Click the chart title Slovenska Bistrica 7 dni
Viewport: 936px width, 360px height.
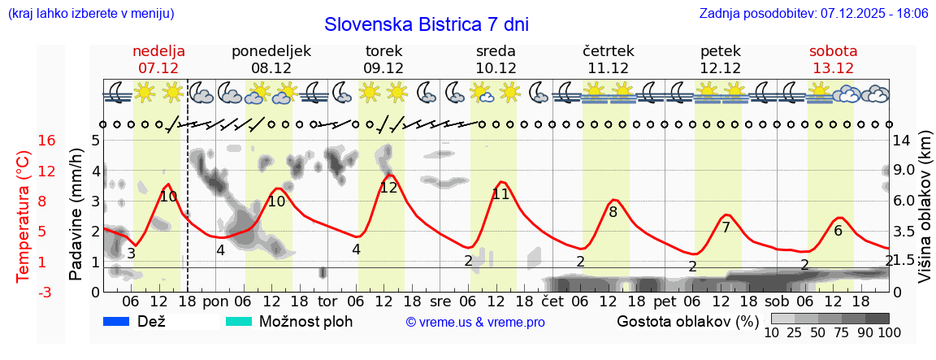coord(426,24)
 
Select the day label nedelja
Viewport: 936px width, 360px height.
coord(158,50)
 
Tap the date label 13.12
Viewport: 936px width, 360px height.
coord(833,68)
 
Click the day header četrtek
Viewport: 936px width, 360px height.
coord(608,50)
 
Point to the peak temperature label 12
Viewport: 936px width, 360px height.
coord(388,187)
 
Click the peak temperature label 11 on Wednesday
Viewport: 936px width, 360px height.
coord(500,194)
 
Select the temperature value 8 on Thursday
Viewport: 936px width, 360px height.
coord(613,212)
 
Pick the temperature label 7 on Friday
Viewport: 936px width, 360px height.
coord(726,228)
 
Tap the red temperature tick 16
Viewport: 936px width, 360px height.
coord(24,141)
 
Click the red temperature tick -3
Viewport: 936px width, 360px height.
coord(24,292)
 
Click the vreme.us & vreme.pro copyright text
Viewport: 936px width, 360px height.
coord(475,322)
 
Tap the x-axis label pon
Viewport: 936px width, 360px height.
coord(215,300)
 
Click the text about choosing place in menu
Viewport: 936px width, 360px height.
coord(90,14)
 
